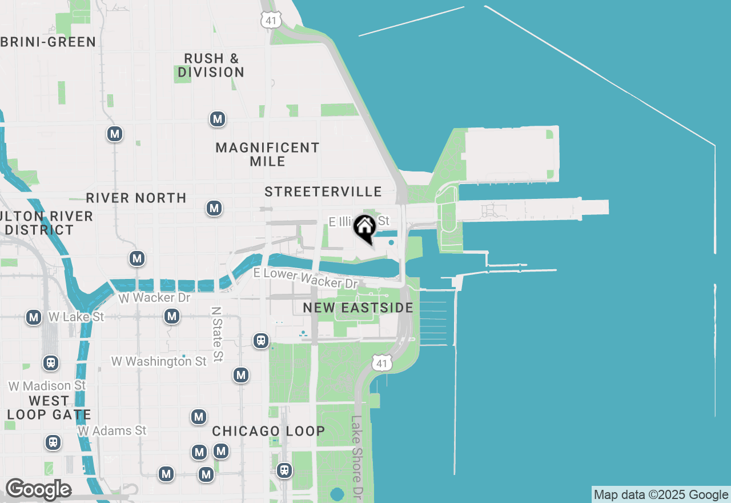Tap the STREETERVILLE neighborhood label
[323, 191]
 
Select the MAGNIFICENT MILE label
[267, 154]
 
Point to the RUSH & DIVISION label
[211, 65]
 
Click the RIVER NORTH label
[136, 198]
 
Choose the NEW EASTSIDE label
[358, 308]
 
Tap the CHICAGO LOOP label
[268, 431]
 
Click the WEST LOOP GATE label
[49, 408]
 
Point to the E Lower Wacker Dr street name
[306, 278]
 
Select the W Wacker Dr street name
[154, 298]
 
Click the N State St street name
[216, 334]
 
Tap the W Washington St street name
[159, 361]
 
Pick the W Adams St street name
[113, 430]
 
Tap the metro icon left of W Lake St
[34, 317]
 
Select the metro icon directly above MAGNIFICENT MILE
[217, 119]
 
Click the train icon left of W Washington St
[51, 362]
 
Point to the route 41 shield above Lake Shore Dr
[381, 362]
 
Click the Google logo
[38, 489]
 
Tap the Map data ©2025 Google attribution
[661, 495]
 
